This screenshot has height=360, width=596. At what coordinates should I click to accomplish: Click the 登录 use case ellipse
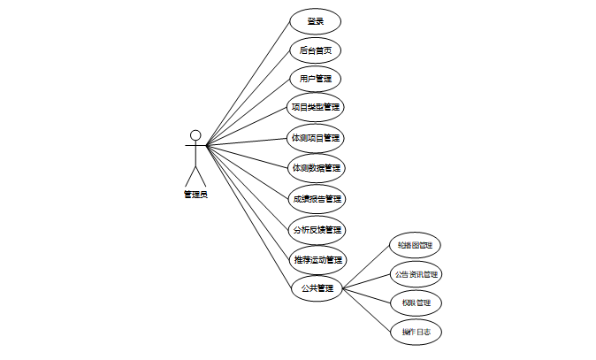315,21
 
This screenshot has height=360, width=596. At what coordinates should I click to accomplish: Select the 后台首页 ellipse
315,50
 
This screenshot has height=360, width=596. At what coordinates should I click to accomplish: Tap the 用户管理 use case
315,79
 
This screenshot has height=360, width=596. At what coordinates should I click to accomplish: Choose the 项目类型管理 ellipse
315,107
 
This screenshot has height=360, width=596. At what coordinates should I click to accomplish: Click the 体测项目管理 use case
315,138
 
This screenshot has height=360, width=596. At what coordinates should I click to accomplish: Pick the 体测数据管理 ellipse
315,167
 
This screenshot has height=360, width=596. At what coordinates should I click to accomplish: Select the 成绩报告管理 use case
315,199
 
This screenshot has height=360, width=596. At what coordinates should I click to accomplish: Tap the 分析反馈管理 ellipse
316,229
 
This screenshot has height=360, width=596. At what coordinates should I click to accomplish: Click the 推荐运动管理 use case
316,260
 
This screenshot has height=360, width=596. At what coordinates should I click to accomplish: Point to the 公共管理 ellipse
316,288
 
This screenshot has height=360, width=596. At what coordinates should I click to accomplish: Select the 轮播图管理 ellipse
415,245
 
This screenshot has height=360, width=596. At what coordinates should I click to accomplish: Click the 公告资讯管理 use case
415,274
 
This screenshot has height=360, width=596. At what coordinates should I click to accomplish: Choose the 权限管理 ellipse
415,303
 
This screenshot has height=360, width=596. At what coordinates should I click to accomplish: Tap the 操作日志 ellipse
415,332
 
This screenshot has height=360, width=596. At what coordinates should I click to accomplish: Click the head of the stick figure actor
195,135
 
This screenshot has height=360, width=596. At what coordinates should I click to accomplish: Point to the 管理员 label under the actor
195,194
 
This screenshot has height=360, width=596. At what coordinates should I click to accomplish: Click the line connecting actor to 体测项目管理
248,142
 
